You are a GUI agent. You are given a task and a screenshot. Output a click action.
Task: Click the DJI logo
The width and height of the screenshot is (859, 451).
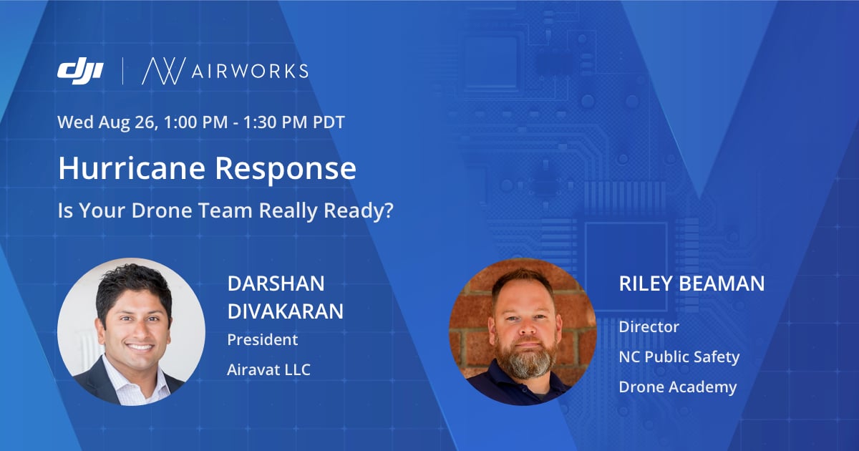(80, 71)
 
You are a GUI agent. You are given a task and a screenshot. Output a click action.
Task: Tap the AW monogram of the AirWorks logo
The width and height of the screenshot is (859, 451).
(164, 71)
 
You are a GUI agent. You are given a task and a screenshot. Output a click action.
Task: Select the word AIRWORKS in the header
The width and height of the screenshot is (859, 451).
(250, 72)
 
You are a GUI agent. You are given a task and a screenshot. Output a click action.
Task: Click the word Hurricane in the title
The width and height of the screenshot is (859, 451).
(132, 168)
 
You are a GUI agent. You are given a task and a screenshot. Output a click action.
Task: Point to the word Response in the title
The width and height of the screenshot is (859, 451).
(286, 169)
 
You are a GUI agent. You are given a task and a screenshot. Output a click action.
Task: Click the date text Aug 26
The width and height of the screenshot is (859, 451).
(127, 122)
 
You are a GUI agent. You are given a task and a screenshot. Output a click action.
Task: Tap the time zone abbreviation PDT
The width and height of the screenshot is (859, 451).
(329, 122)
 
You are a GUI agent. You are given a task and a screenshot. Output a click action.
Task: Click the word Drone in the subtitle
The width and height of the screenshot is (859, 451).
(162, 210)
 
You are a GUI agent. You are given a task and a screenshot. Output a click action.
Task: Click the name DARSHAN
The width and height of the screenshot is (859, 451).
(276, 283)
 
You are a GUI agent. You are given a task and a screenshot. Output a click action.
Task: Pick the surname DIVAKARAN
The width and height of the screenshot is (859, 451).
(286, 311)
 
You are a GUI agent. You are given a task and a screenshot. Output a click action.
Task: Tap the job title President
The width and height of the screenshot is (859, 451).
(262, 340)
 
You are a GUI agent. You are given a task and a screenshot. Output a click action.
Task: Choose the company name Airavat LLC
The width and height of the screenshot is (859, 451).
(269, 369)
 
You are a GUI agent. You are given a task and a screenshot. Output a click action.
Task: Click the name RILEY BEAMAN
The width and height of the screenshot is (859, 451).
(691, 283)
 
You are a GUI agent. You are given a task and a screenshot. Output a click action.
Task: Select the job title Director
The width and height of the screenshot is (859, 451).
(649, 326)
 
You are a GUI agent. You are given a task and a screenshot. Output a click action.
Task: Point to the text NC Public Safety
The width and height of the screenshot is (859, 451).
(679, 357)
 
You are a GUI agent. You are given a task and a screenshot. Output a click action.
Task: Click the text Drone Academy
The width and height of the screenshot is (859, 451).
(678, 387)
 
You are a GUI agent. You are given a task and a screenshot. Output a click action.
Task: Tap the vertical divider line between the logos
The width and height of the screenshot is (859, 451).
(122, 71)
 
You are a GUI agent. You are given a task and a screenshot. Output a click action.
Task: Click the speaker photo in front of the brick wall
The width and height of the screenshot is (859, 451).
(523, 331)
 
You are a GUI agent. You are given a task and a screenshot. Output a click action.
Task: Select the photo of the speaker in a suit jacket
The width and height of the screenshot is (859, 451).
(131, 331)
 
